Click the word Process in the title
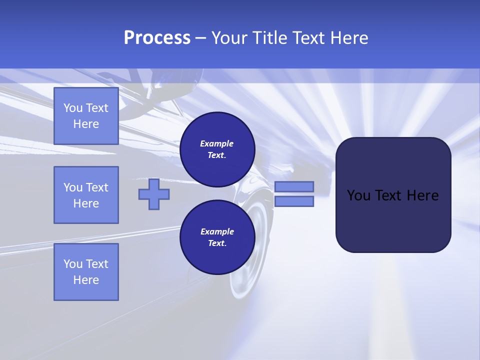point(157,38)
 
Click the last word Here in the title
point(348,38)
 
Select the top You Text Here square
point(86,116)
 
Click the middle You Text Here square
point(86,195)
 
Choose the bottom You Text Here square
point(86,272)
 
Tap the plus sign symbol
point(154,194)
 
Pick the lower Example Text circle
point(217,237)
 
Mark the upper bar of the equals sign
point(294,186)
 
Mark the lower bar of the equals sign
point(294,201)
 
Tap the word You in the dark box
point(358,195)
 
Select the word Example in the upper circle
point(217,143)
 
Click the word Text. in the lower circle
point(217,243)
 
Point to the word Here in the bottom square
point(86,280)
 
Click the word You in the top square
point(73,108)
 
